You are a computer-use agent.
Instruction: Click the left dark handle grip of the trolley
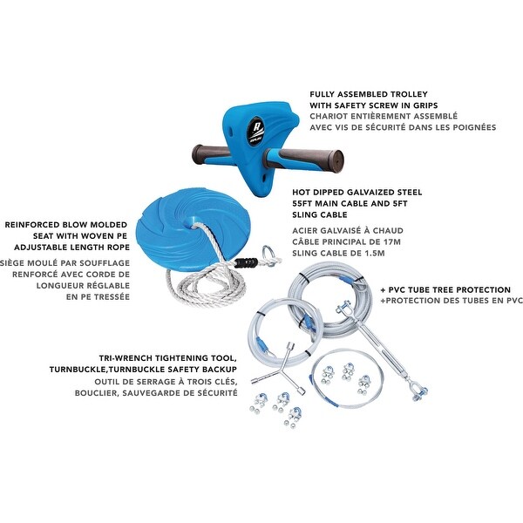tap(211, 155)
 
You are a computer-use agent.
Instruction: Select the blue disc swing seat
tap(193, 221)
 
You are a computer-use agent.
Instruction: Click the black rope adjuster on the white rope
tap(246, 262)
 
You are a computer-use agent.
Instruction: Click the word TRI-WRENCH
tap(124, 358)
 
